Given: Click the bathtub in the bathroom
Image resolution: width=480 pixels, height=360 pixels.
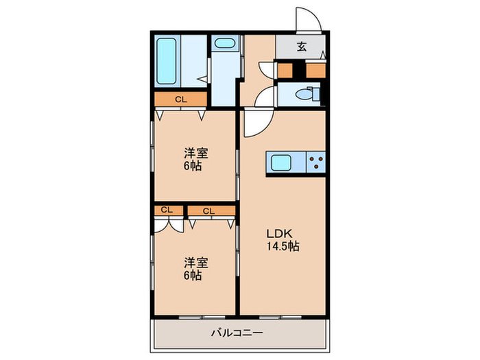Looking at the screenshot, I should tap(167, 60).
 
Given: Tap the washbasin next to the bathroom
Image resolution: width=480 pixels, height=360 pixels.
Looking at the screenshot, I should tap(224, 45).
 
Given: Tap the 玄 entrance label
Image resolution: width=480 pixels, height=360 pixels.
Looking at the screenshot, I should tap(301, 47).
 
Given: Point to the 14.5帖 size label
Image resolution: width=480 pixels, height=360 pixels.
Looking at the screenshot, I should tap(283, 245).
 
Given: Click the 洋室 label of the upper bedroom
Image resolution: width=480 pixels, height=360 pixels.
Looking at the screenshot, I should tap(193, 153).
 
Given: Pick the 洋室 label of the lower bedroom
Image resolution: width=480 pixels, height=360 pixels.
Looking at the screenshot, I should tap(193, 263).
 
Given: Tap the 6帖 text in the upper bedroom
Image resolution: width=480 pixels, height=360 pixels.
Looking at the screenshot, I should tap(193, 165).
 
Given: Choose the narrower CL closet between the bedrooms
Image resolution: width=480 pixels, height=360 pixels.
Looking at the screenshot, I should tap(167, 210).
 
